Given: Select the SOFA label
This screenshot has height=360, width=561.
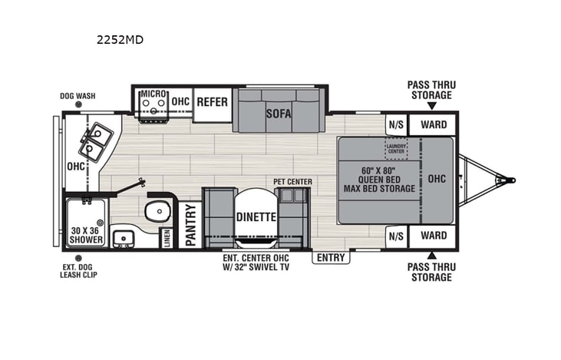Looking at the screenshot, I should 279,113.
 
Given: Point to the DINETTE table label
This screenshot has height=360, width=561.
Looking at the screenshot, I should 256,217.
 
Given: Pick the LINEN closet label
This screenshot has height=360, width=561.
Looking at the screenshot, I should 165,238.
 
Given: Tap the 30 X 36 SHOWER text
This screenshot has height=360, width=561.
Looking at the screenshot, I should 86,235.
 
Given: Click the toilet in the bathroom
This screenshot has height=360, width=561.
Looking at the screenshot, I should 158,210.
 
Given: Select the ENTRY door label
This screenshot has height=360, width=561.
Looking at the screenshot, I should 330,258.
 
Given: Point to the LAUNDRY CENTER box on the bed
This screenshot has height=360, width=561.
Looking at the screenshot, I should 396,148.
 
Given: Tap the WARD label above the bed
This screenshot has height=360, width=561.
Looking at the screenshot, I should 434,124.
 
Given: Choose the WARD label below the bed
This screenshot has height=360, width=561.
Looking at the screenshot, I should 434,236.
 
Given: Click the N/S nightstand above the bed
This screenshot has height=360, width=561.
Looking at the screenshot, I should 396,124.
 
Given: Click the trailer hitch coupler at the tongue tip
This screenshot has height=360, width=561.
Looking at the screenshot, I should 507,181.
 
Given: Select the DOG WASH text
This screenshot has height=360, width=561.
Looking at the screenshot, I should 78,97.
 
